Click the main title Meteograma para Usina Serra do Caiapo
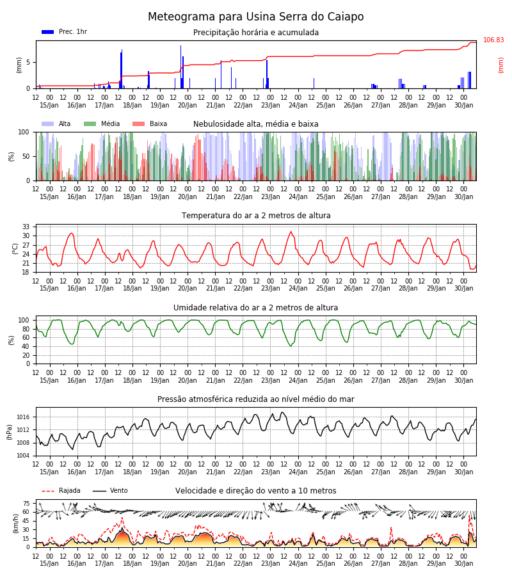255,17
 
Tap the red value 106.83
493,40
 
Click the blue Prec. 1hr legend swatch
48,32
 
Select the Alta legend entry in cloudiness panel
56,124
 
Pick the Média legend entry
102,124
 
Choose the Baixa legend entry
150,124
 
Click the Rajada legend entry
61,491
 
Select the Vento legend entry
110,491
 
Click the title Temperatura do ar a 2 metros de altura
256,216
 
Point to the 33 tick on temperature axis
26,227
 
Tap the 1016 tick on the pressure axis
24,417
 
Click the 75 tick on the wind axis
26,504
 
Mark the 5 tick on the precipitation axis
28,63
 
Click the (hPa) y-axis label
10,433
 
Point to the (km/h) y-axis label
15,524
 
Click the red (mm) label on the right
500,65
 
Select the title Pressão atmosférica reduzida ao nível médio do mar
256,399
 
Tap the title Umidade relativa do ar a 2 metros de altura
255,308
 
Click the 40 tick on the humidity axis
26,347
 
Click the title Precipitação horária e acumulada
256,33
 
